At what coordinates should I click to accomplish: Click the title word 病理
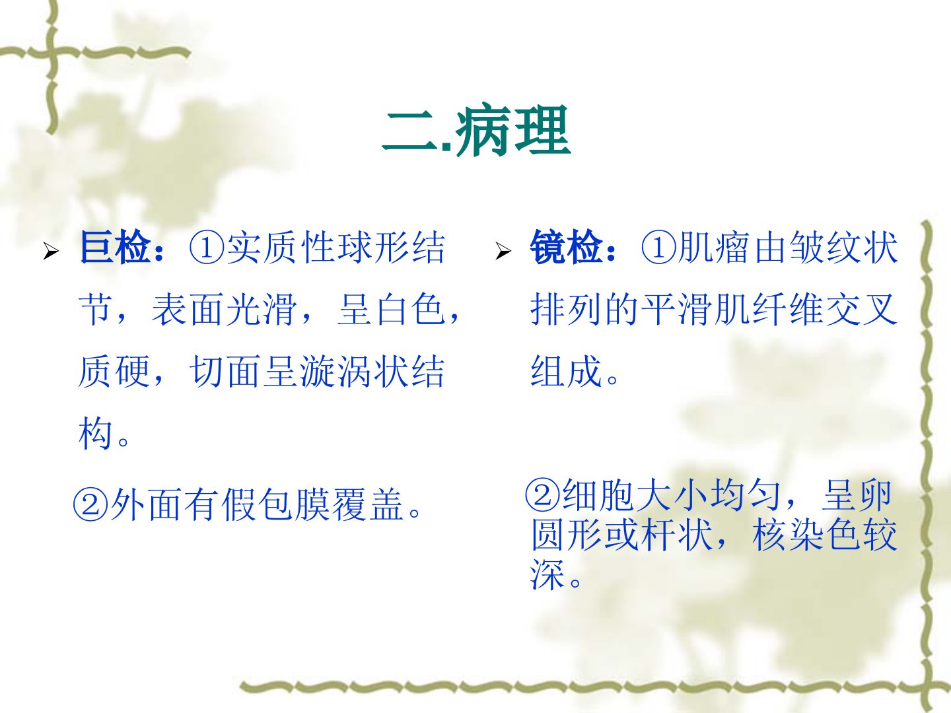512,130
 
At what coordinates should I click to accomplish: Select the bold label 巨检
116,247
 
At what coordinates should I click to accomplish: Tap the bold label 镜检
567,247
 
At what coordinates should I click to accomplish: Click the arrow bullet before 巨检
51,251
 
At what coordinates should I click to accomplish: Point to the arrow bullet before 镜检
503,251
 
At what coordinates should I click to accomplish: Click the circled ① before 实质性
207,248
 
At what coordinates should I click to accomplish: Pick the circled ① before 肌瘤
658,248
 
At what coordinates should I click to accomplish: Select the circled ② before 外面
90,504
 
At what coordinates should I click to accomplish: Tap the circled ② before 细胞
542,494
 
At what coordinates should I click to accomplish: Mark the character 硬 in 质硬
133,372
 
